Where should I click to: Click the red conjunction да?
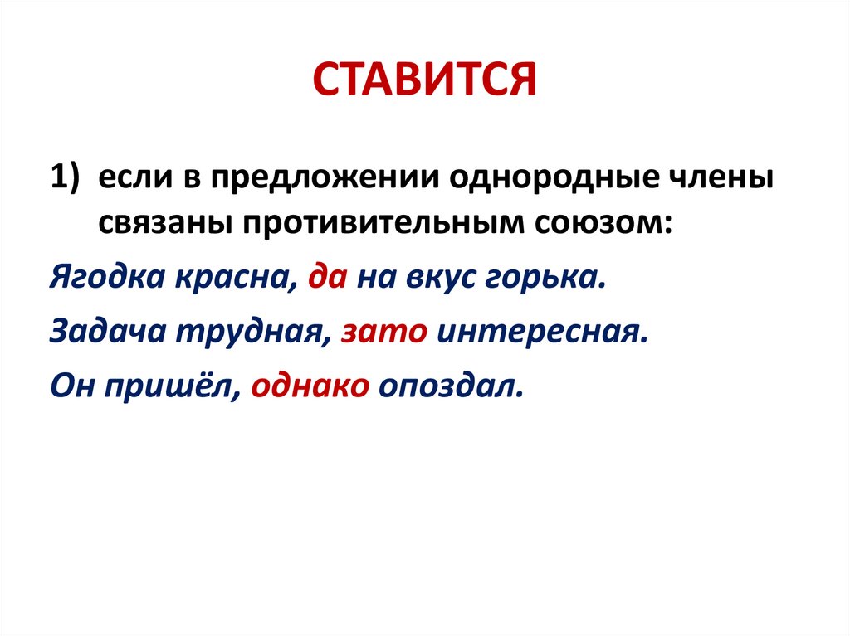[325, 277]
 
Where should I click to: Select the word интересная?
[540, 332]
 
